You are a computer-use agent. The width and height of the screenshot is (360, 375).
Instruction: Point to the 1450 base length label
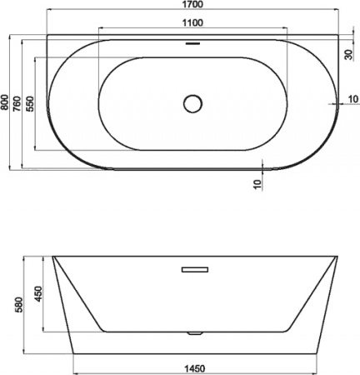(x=195, y=367)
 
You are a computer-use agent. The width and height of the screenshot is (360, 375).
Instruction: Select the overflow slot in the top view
(x=193, y=42)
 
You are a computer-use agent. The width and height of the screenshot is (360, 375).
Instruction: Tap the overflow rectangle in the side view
(x=193, y=269)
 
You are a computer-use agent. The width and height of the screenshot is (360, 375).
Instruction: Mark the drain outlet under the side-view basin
(x=193, y=333)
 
